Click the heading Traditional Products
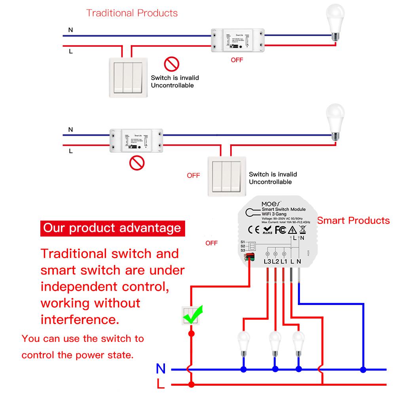coord(132,13)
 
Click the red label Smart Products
coord(353,220)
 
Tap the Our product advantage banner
coord(112,228)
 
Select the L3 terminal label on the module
coord(267,261)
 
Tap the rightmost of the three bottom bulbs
coord(298,342)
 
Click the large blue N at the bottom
coord(161,369)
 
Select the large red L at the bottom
coord(161,384)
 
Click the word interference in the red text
coord(80,319)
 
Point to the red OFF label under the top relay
coord(237,60)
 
